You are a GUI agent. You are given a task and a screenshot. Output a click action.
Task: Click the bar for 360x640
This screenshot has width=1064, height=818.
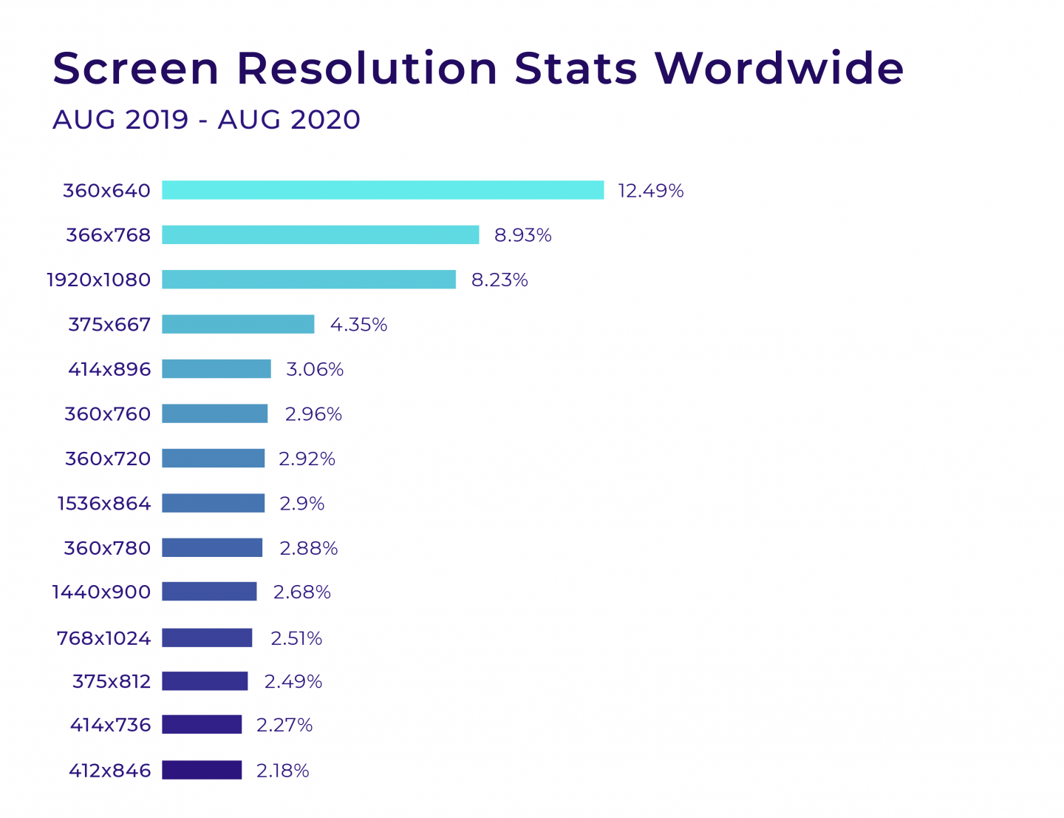point(383,190)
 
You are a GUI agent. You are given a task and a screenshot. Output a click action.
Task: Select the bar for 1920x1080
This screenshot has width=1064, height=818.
point(309,280)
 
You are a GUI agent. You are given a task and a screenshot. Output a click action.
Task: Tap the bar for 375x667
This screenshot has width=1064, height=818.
point(238,324)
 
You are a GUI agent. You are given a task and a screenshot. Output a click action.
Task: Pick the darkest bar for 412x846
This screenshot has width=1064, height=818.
point(202,770)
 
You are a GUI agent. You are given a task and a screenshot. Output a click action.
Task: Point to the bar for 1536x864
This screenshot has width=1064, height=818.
point(213,503)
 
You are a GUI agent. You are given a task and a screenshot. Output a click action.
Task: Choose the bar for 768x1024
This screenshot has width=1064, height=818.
point(207,638)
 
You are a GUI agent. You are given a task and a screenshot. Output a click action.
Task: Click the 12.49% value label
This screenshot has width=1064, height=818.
point(650,191)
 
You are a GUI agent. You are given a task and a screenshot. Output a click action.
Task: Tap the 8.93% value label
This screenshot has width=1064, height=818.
point(522,235)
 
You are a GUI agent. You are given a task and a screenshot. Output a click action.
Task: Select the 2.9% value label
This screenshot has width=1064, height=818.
point(301,504)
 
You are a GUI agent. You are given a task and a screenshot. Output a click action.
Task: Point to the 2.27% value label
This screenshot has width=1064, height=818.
point(284,725)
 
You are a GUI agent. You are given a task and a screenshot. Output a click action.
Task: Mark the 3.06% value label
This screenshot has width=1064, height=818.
point(315,369)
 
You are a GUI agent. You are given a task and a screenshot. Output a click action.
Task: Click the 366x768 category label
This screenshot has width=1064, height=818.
point(108,235)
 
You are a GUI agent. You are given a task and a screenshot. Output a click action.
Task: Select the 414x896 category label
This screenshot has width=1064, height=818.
point(109,369)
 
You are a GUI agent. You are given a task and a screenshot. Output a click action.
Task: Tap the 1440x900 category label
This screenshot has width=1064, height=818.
point(101,592)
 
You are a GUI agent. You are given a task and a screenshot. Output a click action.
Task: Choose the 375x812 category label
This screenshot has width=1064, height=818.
point(112,681)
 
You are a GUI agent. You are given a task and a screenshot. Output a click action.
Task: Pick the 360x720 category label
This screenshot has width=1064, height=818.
point(108,459)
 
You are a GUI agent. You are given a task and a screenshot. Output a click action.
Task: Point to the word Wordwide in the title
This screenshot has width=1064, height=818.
point(779,68)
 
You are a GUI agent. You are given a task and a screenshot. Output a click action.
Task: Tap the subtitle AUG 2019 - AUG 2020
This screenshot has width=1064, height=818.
point(206,120)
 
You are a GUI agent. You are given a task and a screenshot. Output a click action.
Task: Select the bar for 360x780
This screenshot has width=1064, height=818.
point(212,547)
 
